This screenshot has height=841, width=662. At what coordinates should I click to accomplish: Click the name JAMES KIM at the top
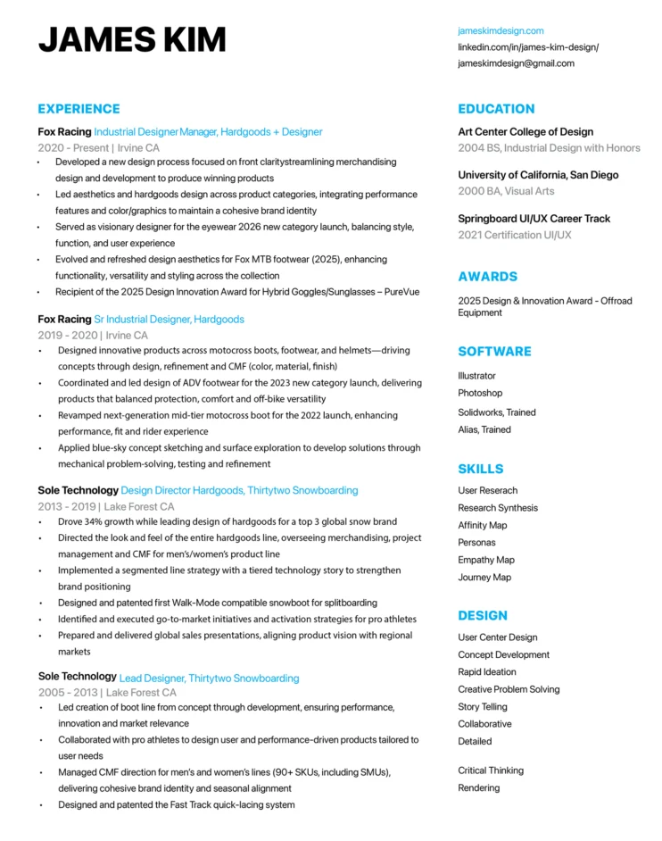pyautogui.click(x=131, y=40)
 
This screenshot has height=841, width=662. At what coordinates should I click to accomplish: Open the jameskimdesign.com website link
pyautogui.click(x=501, y=30)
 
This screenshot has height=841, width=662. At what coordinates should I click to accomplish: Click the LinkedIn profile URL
pyautogui.click(x=528, y=47)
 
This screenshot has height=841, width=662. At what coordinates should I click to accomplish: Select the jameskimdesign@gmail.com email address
pyautogui.click(x=516, y=63)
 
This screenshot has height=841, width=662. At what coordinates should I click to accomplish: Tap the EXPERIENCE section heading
pyautogui.click(x=79, y=109)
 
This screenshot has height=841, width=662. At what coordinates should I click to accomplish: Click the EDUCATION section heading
pyautogui.click(x=496, y=109)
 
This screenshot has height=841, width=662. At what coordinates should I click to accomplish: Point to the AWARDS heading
pyautogui.click(x=487, y=277)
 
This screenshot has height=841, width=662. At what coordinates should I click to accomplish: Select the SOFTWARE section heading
pyautogui.click(x=494, y=352)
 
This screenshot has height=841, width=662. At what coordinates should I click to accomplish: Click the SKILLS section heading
pyautogui.click(x=480, y=469)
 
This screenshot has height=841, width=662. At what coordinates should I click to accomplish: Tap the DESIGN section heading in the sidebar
pyautogui.click(x=483, y=616)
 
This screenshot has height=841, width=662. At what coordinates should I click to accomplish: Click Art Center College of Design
pyautogui.click(x=525, y=132)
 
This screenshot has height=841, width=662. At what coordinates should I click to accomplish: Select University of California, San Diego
pyautogui.click(x=538, y=175)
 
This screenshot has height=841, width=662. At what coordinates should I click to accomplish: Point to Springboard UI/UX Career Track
pyautogui.click(x=534, y=219)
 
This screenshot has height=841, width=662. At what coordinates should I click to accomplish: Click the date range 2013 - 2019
pyautogui.click(x=66, y=506)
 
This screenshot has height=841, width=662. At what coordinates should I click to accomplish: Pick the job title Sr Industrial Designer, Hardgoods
pyautogui.click(x=169, y=319)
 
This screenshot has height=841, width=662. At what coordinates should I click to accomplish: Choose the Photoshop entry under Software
pyautogui.click(x=480, y=393)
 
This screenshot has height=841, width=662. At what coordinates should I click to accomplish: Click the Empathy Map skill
pyautogui.click(x=486, y=560)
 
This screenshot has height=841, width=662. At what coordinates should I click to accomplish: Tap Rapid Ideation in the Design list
pyautogui.click(x=487, y=672)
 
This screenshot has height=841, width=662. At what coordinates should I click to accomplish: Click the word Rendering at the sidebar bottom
pyautogui.click(x=479, y=788)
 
